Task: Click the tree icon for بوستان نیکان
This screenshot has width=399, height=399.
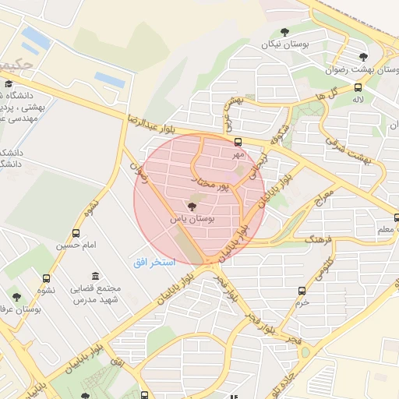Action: [x=284, y=33]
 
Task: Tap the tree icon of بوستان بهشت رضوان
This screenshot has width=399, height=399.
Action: [x=362, y=56]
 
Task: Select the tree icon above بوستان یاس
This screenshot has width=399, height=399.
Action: [x=192, y=207]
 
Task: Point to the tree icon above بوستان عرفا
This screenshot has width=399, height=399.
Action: [x=16, y=296]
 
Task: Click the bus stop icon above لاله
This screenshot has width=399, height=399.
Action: [x=358, y=88]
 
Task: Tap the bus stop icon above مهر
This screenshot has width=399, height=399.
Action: [x=238, y=143]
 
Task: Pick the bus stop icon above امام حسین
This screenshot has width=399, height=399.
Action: [x=76, y=233]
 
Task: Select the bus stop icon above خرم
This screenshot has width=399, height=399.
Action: [x=302, y=291]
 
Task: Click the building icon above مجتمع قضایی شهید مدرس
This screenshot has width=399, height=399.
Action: [x=95, y=277]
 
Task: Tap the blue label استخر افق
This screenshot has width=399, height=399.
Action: [x=151, y=262]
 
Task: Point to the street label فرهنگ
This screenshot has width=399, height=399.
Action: [x=298, y=237]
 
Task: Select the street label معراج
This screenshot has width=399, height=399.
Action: [x=323, y=199]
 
